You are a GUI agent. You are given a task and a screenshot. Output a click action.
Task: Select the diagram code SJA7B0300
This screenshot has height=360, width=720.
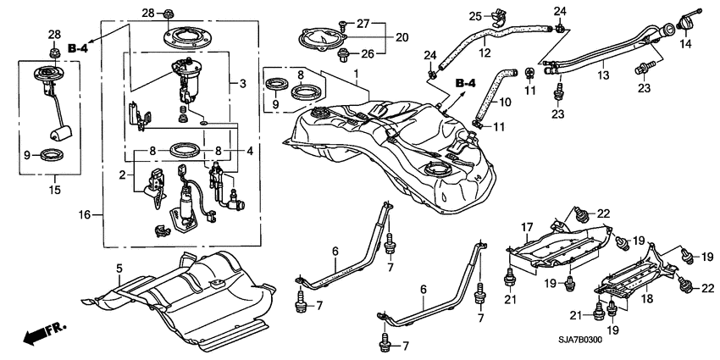580,341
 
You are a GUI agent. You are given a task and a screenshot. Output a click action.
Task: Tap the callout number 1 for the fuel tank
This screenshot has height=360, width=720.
356,74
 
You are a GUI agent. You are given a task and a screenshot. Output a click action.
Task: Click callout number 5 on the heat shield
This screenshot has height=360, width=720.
119,269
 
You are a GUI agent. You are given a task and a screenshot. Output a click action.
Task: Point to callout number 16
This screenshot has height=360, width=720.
85,214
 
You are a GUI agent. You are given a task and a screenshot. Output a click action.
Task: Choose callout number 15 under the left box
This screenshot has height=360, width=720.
55,189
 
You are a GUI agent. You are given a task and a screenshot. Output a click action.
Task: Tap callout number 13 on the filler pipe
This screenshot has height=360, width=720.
603,75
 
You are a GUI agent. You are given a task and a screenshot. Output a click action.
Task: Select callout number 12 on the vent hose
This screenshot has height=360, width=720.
485,53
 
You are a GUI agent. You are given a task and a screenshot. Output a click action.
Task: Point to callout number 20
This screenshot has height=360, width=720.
402,37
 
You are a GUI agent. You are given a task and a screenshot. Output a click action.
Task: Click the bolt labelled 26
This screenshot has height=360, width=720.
343,56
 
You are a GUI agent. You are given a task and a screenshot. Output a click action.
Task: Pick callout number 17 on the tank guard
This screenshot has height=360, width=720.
527,227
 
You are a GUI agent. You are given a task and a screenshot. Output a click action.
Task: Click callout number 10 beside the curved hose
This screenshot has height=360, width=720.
505,102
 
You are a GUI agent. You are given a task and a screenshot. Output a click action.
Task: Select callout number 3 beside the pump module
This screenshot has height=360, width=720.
242,84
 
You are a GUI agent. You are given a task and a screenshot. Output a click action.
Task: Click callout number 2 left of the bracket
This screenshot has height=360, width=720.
122,174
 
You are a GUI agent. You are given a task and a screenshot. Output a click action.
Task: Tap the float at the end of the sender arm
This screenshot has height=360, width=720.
61,134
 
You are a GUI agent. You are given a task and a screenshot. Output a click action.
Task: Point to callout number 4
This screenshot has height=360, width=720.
249,151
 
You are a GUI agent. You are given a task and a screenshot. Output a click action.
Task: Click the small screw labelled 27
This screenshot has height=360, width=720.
342,23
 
